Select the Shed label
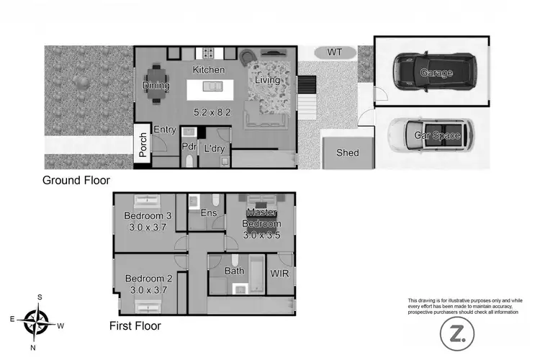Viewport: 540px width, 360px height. pyautogui.click(x=348, y=153)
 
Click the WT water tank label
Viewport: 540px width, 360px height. pyautogui.click(x=335, y=53)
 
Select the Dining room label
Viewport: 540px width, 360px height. pyautogui.click(x=156, y=86)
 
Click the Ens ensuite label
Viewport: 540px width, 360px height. pyautogui.click(x=208, y=213)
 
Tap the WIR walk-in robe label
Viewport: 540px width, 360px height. pyautogui.click(x=279, y=274)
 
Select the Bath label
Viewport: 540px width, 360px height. pyautogui.click(x=235, y=271)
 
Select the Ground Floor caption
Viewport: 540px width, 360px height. pyautogui.click(x=76, y=181)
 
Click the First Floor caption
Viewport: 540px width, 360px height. pyautogui.click(x=135, y=325)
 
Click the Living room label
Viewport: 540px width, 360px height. pyautogui.click(x=267, y=81)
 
